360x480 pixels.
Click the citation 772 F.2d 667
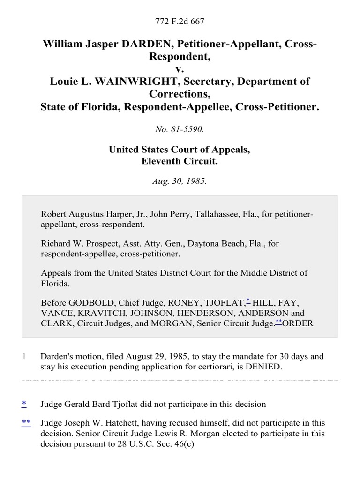tap(180, 22)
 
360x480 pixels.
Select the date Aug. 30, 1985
tap(180, 181)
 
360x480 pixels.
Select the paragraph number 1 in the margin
tap(24, 357)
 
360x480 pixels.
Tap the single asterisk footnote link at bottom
tap(24, 403)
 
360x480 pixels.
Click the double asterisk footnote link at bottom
tap(26, 423)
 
